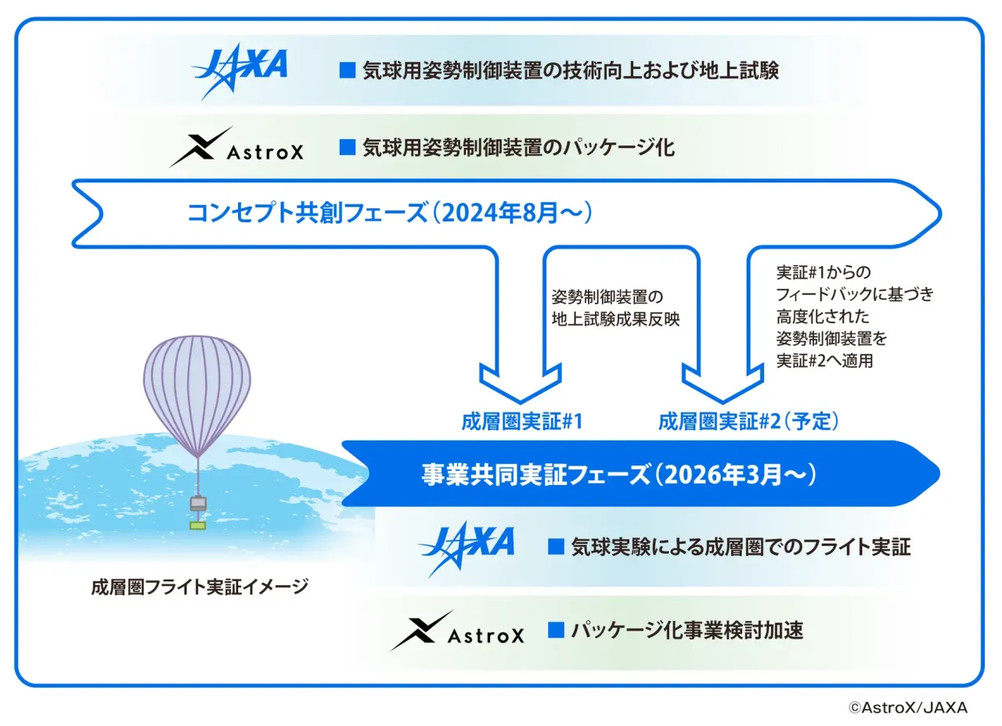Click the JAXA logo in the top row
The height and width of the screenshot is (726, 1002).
pos(240,71)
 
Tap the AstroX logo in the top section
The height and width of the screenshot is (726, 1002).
pos(237,148)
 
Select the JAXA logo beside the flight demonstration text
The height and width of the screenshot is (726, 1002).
pos(467,549)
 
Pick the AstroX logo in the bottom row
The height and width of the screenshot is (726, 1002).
pos(458,631)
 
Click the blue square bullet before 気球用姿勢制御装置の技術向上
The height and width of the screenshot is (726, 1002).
pos(348,70)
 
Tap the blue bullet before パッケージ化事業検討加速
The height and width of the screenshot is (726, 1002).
pos(556,630)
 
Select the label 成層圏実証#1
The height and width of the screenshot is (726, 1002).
pos(522,422)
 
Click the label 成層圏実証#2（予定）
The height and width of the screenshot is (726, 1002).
pos(748,422)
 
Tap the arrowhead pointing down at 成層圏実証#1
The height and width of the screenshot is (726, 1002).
pos(521,383)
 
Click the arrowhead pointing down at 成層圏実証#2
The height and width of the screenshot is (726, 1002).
pos(723,383)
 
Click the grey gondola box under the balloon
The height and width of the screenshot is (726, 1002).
pos(198,503)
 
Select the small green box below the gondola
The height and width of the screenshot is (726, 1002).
pos(198,526)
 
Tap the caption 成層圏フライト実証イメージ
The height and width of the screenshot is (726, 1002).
pos(200,587)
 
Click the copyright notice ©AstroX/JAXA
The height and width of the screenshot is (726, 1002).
pos(909,708)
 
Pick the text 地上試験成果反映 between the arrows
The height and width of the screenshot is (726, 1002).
pos(616,319)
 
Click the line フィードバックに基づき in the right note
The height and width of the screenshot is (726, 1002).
pos(855,294)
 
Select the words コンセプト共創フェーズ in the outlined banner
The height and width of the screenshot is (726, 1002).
pos(308,213)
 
